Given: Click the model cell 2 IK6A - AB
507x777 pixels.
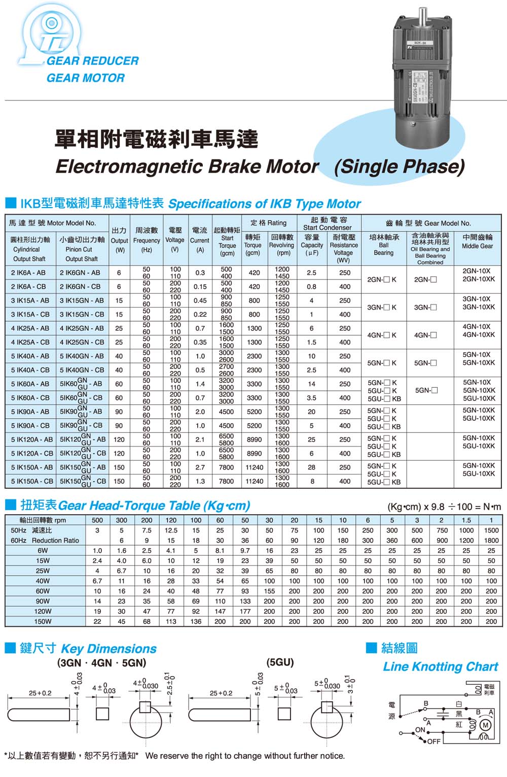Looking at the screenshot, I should (x=28, y=273).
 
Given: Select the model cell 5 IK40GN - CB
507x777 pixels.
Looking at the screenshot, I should (x=82, y=370).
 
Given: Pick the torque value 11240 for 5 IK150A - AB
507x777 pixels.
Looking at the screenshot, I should (x=254, y=467).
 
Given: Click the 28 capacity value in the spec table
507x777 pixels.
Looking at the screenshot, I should (x=311, y=467).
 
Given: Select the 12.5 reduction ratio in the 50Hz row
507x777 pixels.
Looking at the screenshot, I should (x=171, y=530).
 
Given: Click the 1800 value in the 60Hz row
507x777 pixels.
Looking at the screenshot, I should (x=491, y=540).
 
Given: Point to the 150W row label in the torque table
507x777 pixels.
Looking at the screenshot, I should (x=43, y=621).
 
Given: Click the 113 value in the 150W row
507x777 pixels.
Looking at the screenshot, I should (x=171, y=621).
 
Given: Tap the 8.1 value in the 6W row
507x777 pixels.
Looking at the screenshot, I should (x=220, y=550).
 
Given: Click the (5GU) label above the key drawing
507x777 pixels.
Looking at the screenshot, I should (x=280, y=662).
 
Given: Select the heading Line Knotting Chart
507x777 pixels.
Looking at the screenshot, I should (x=440, y=667).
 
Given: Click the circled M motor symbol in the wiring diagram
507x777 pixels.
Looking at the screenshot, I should (x=485, y=725).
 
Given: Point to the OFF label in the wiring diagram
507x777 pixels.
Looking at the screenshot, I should (x=434, y=741).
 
